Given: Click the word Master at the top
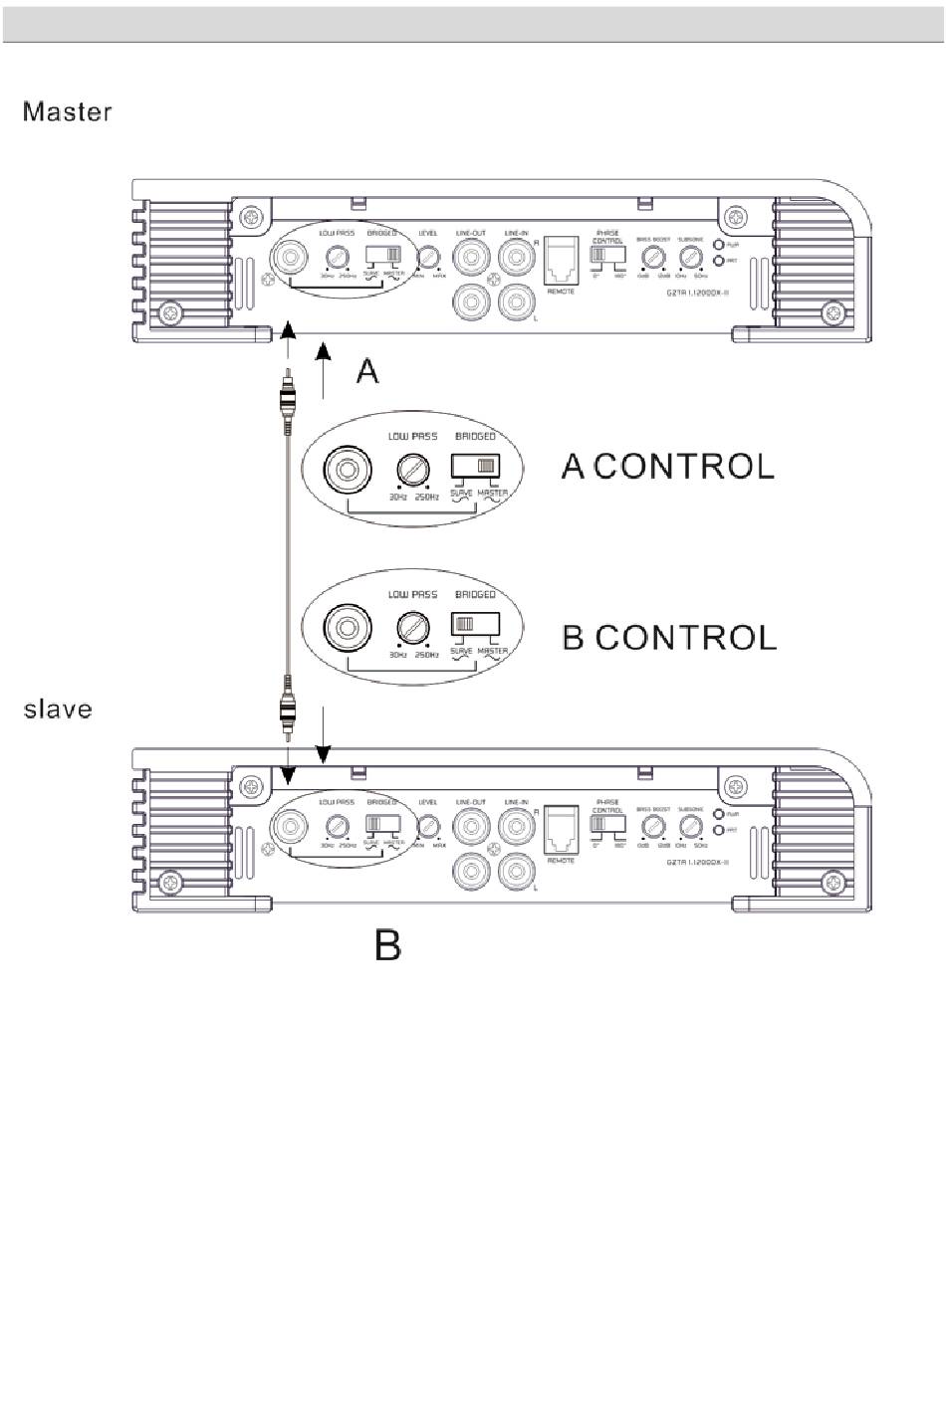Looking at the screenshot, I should (68, 111).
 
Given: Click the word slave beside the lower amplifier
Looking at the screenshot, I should (58, 709).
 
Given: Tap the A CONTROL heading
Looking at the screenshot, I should (668, 466).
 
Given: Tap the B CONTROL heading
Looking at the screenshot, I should (669, 637).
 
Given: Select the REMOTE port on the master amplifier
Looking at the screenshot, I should (561, 261).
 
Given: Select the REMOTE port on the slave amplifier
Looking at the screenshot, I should (561, 829).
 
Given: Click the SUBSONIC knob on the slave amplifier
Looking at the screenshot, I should (690, 827).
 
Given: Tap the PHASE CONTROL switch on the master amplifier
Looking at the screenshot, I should (604, 255).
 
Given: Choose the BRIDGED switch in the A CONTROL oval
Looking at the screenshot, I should (475, 465).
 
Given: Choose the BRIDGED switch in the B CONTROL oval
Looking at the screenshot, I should (475, 624).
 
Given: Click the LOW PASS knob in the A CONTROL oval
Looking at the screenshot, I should (411, 469).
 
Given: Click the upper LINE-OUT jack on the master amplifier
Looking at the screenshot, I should (470, 259).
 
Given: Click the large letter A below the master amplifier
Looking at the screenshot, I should (367, 372).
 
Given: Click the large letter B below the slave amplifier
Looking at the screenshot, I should (388, 944).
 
